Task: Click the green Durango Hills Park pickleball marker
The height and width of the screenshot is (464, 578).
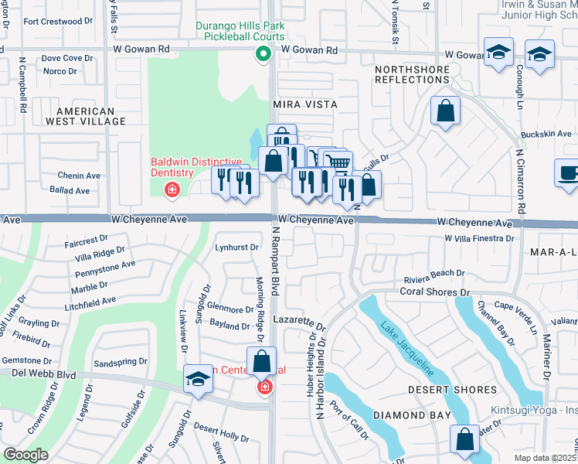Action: [x=263, y=53]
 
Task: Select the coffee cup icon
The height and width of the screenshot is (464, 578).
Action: [x=569, y=172]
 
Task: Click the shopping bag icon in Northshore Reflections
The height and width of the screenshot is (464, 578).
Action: [x=446, y=111]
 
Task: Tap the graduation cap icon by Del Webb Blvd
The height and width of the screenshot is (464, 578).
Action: [x=198, y=380]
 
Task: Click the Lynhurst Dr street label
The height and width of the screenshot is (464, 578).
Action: [x=235, y=247]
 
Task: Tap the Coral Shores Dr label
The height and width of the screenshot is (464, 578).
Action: [x=435, y=292]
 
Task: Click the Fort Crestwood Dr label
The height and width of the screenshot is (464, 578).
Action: [x=53, y=22]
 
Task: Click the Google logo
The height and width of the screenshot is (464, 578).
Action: [x=25, y=455]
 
